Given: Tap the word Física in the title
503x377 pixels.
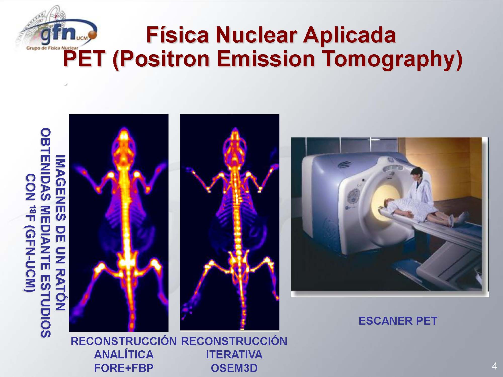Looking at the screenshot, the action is point(178,35).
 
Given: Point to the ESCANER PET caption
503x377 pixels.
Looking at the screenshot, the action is point(398,321).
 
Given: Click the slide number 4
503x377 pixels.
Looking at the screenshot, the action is point(494,366).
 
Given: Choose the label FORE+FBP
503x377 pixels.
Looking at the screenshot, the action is point(124,368).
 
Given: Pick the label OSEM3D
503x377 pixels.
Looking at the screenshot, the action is point(234,368).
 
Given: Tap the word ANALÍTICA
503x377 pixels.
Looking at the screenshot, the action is point(124,354).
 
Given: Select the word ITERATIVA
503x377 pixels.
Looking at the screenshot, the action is point(234,355).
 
